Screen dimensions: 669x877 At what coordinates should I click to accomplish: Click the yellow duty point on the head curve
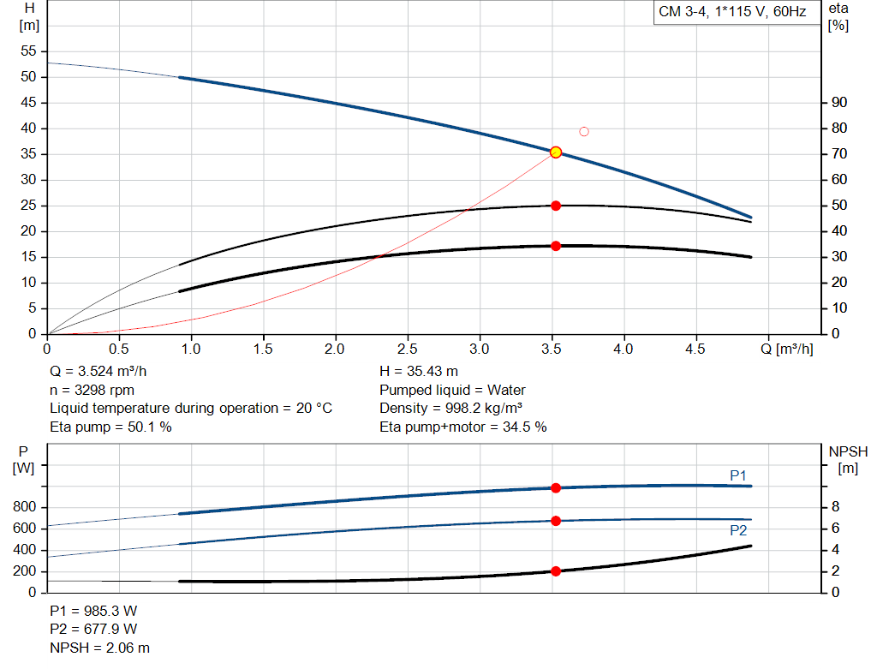click(x=556, y=152)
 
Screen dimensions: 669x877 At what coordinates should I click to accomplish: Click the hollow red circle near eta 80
click(x=584, y=131)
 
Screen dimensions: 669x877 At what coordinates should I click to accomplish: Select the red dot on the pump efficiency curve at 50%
click(x=556, y=206)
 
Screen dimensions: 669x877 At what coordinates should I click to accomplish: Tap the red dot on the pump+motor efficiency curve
click(x=556, y=246)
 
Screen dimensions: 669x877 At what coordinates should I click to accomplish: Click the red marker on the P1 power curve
click(x=556, y=487)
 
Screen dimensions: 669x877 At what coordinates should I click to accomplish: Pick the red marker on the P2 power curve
click(x=556, y=521)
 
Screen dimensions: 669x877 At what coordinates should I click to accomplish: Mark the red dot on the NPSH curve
click(x=556, y=571)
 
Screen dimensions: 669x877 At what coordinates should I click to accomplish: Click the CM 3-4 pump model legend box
click(x=731, y=13)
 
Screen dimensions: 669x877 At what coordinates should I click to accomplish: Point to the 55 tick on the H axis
click(x=29, y=51)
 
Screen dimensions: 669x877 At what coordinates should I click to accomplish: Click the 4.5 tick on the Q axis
click(x=695, y=349)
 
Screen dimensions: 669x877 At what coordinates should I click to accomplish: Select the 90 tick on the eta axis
click(x=839, y=103)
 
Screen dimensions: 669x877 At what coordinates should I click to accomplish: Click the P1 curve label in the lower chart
click(x=738, y=475)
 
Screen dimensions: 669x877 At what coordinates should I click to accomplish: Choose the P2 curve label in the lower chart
click(x=738, y=530)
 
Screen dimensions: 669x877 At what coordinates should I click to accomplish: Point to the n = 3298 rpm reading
click(x=92, y=390)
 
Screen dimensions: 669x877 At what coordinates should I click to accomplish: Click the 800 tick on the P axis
click(x=26, y=508)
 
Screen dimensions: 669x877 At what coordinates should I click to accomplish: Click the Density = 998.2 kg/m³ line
click(x=451, y=408)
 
